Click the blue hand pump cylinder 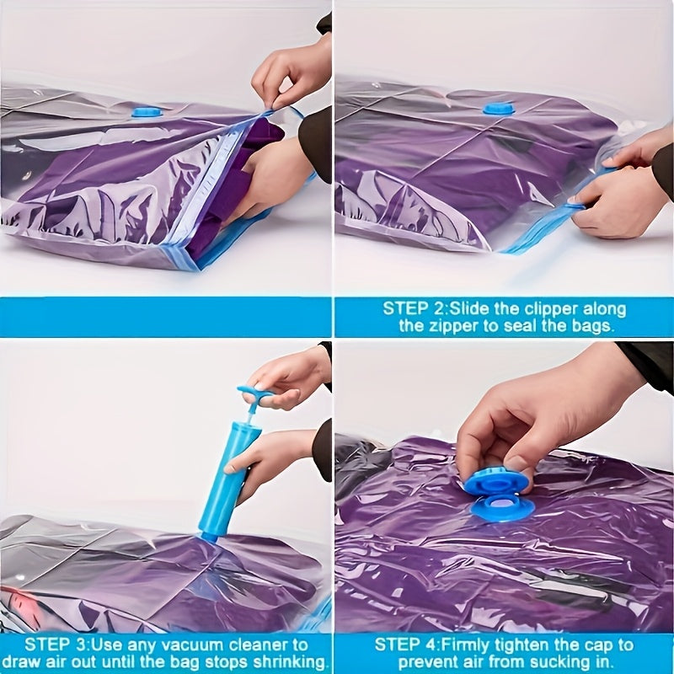(225, 480)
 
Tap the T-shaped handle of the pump (254, 393)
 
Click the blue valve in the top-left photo (147, 111)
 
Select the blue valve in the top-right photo (498, 109)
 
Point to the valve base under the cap (503, 508)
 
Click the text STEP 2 (417, 308)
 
